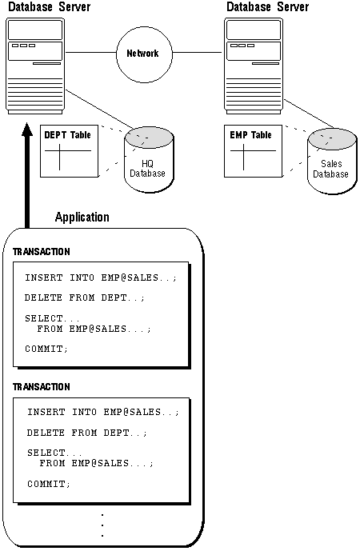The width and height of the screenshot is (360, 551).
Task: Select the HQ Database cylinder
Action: click(149, 159)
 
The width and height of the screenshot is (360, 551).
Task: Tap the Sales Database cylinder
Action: click(332, 161)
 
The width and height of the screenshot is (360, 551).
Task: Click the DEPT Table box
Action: click(70, 151)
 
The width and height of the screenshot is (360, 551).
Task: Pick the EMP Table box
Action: click(253, 151)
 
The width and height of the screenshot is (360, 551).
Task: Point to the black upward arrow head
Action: click(26, 130)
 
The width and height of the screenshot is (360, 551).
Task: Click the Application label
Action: click(82, 218)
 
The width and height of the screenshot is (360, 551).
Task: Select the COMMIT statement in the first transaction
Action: click(46, 349)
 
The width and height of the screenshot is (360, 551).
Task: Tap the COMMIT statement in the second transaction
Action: click(49, 484)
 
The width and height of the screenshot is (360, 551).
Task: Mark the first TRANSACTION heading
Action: click(41, 252)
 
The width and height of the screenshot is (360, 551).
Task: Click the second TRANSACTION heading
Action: click(41, 387)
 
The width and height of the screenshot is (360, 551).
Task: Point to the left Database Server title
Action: click(50, 6)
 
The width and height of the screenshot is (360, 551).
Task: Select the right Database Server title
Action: click(267, 6)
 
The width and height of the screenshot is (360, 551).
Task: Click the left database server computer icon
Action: click(35, 66)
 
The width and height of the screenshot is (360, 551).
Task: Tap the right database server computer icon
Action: click(254, 66)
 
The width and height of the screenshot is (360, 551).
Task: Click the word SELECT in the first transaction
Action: click(43, 318)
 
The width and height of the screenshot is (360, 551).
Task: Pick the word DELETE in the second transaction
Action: click(46, 433)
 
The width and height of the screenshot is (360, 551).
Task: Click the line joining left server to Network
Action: click(91, 53)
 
